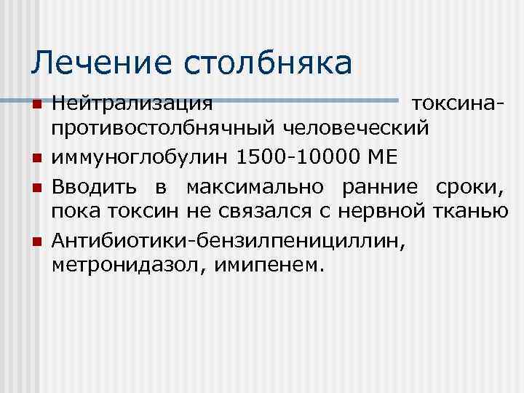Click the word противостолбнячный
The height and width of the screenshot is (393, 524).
tap(160, 130)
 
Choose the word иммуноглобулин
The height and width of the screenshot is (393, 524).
tap(138, 156)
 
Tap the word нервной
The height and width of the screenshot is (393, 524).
tap(390, 212)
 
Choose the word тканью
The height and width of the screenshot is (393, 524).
tap(473, 212)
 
